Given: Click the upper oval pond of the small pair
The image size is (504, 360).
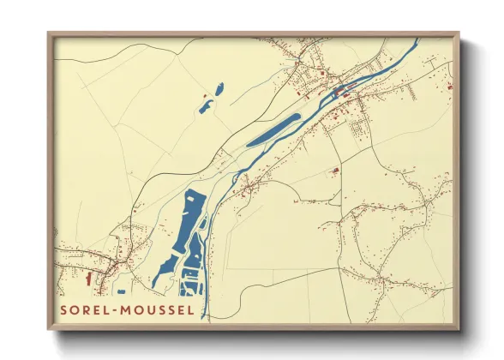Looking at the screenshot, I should [219, 88].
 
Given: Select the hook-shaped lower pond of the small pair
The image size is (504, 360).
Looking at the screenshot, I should [205, 107].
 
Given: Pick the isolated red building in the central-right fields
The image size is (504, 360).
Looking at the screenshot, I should [335, 172].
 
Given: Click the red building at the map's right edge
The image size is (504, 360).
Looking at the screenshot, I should [448, 87].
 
